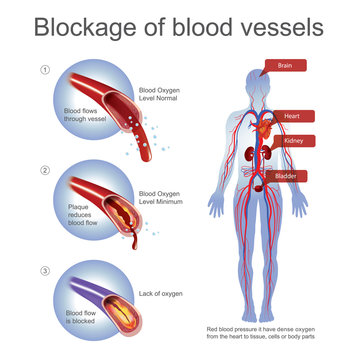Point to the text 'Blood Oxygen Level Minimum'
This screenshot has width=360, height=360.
161,197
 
